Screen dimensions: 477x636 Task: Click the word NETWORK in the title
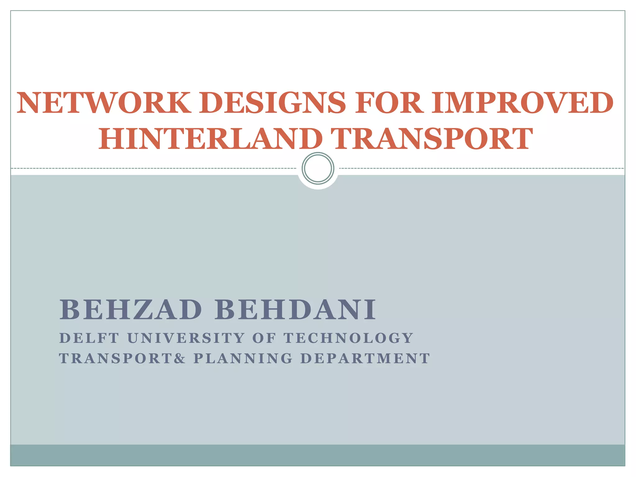104,103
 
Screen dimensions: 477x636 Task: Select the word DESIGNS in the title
273,103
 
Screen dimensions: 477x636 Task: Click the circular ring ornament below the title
318,168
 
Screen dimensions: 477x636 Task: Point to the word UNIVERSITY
186,338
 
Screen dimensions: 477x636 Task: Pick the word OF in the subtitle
264,338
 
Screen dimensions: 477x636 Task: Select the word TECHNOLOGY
348,338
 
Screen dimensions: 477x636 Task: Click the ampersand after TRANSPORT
179,358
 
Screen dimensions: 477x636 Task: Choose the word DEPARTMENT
365,358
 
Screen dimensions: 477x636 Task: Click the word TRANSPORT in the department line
116,358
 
